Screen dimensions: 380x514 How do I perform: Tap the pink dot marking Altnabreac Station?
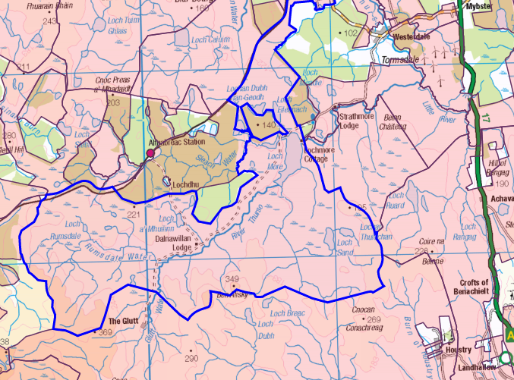pyautogui.click(x=150, y=153)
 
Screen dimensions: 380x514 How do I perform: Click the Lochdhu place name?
pyautogui.click(x=186, y=184)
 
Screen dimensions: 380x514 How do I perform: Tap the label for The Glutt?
pyautogui.click(x=123, y=321)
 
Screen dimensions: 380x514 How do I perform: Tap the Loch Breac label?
pyautogui.click(x=287, y=312)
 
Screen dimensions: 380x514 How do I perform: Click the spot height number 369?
pyautogui.click(x=105, y=332)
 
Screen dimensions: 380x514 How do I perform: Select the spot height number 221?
pyautogui.click(x=134, y=215)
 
